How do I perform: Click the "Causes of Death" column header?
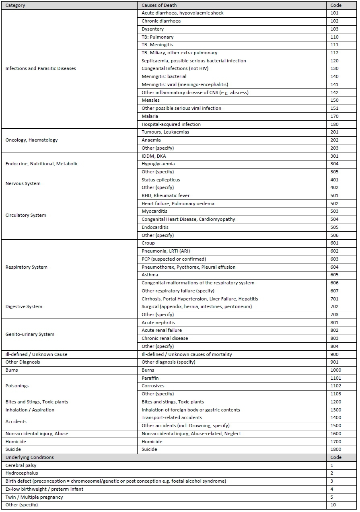[x=159, y=5]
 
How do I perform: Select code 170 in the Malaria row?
[x=334, y=116]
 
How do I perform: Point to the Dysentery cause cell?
[x=152, y=29]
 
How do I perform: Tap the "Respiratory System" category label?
[x=26, y=267]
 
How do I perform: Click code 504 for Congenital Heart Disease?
[x=334, y=219]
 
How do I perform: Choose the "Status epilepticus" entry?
[x=160, y=180]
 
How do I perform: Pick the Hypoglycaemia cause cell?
[x=158, y=164]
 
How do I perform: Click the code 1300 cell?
[x=335, y=410]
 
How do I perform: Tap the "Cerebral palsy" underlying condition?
[x=21, y=465]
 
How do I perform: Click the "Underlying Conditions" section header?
[x=29, y=457]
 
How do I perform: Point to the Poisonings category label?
[x=16, y=386]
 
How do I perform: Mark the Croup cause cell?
[x=148, y=243]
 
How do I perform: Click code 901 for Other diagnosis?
[x=334, y=362]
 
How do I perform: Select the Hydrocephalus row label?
[x=22, y=473]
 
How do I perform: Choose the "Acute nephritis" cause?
[x=158, y=323]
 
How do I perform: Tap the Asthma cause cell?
[x=150, y=275]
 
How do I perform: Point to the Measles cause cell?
[x=150, y=100]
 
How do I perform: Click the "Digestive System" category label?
[x=24, y=306]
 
